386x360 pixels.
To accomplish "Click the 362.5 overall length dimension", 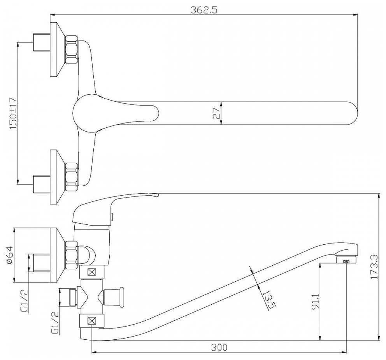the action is click(204, 10).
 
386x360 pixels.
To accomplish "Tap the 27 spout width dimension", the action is click(216, 113).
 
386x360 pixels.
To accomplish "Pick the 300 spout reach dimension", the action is click(219, 348).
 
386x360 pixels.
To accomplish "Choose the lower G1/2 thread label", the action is click(55, 323).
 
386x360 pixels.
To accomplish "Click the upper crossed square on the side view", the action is click(92, 272).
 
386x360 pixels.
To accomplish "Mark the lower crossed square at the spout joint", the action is click(92, 321).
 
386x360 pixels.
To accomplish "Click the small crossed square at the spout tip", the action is click(346, 262).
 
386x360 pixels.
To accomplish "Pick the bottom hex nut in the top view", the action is click(71, 176).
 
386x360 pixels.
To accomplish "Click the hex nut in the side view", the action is click(71, 256).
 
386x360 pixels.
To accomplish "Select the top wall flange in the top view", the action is click(57, 49).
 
